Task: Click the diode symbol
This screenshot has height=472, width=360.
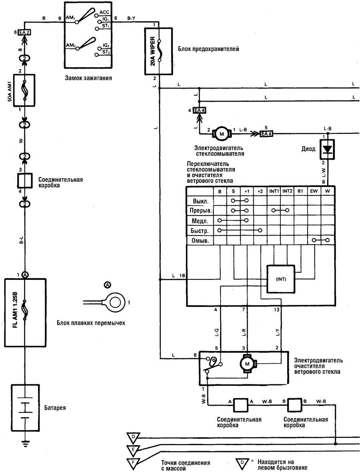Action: click(x=327, y=150)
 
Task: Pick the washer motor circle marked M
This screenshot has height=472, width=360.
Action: click(x=222, y=134)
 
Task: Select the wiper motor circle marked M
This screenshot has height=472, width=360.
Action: click(x=247, y=364)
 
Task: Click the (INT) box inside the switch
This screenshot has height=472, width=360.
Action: click(x=281, y=279)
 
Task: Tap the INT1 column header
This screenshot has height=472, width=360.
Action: click(x=274, y=191)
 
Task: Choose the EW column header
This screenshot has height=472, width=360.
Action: click(x=314, y=191)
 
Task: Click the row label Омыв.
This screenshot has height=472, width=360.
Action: click(x=200, y=241)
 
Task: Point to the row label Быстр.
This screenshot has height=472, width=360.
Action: click(x=199, y=231)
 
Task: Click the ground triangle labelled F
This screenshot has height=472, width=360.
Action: click(x=133, y=463)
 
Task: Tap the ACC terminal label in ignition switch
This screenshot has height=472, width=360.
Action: click(x=104, y=12)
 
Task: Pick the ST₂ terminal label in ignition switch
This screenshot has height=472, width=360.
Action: click(x=106, y=52)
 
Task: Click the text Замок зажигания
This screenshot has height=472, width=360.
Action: click(x=88, y=78)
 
